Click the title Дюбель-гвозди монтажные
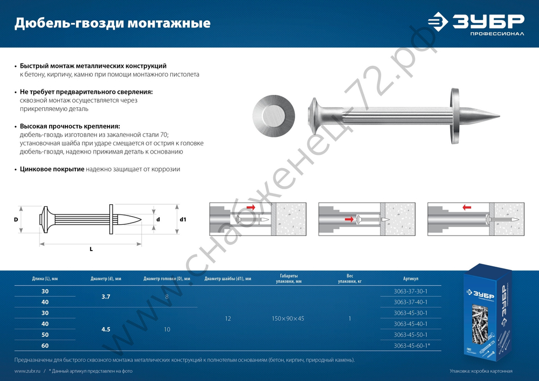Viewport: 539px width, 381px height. [112, 23]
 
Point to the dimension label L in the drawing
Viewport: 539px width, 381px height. [91, 248]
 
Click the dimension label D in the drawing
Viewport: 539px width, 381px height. [16, 220]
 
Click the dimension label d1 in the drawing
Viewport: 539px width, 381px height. [183, 220]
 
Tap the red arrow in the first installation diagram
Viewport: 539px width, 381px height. [251, 207]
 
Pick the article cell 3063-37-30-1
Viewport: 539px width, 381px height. [410, 292]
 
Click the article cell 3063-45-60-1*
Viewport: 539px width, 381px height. [411, 345]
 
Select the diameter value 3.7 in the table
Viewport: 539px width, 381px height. [106, 296]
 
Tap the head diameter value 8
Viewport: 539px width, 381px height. [167, 296]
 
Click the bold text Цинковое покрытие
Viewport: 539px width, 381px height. [52, 169]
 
